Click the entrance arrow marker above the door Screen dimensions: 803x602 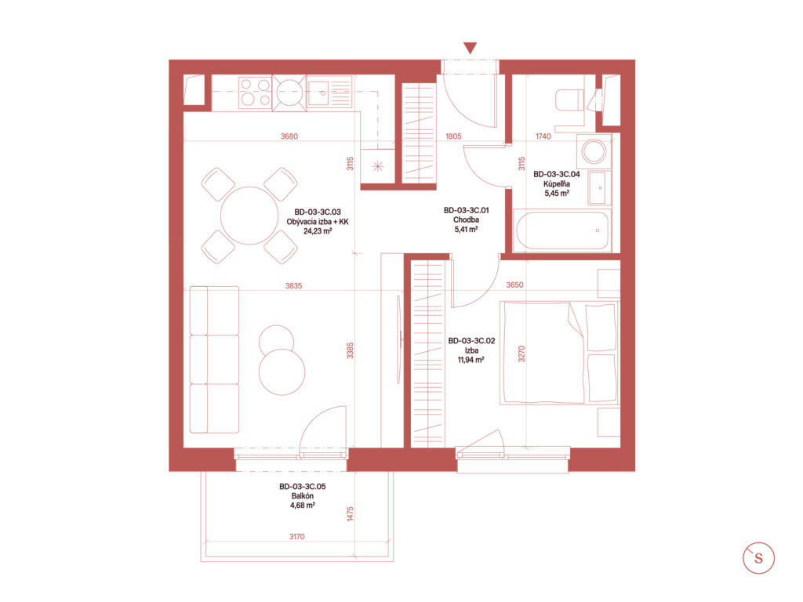(x=471, y=48)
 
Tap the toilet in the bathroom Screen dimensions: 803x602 (x=569, y=100)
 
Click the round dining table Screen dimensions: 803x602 (x=249, y=216)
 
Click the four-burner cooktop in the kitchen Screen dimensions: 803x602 (x=255, y=92)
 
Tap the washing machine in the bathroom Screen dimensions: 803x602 (x=594, y=151)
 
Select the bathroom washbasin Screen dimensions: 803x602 (x=599, y=187)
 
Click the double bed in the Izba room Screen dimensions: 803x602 (x=559, y=354)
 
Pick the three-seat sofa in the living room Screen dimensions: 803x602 (x=214, y=359)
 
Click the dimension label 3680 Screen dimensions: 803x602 (x=289, y=136)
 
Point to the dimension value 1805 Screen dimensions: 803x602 (x=453, y=136)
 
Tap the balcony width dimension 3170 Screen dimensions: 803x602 (x=297, y=536)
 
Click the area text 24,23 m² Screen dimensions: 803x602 (x=318, y=231)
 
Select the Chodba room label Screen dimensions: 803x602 (x=466, y=219)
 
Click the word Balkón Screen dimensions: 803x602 (x=303, y=495)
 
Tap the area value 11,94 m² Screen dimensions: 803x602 (x=471, y=360)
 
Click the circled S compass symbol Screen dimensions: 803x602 (x=758, y=558)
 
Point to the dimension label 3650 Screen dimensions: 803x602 (x=514, y=285)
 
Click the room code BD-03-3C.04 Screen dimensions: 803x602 (x=557, y=174)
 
